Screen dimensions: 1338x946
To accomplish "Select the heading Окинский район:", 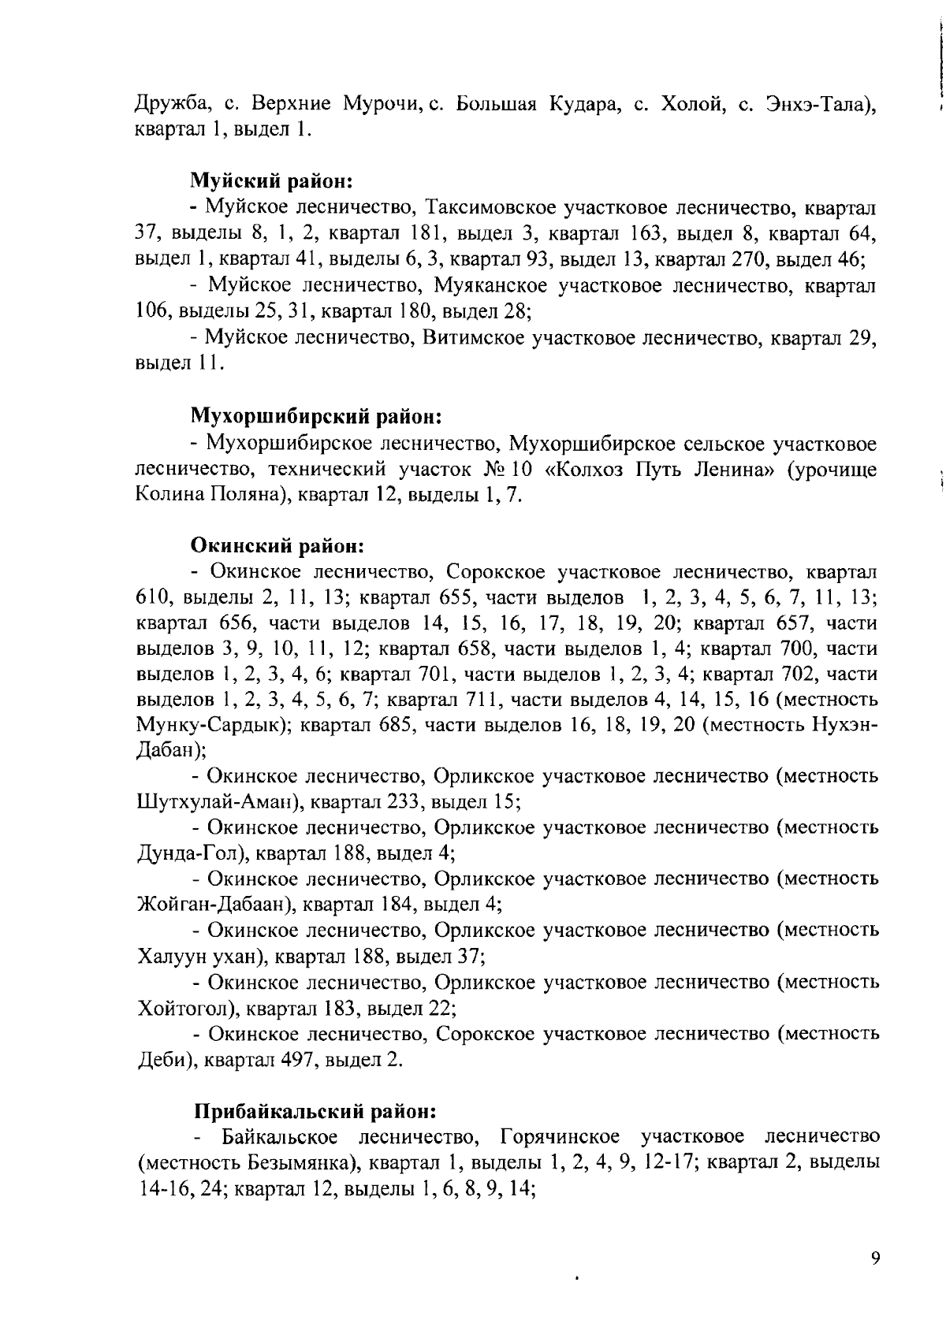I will (x=277, y=544).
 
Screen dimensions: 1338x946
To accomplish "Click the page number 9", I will (x=875, y=1258).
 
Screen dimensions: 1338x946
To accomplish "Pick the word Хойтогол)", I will (x=184, y=1008).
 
